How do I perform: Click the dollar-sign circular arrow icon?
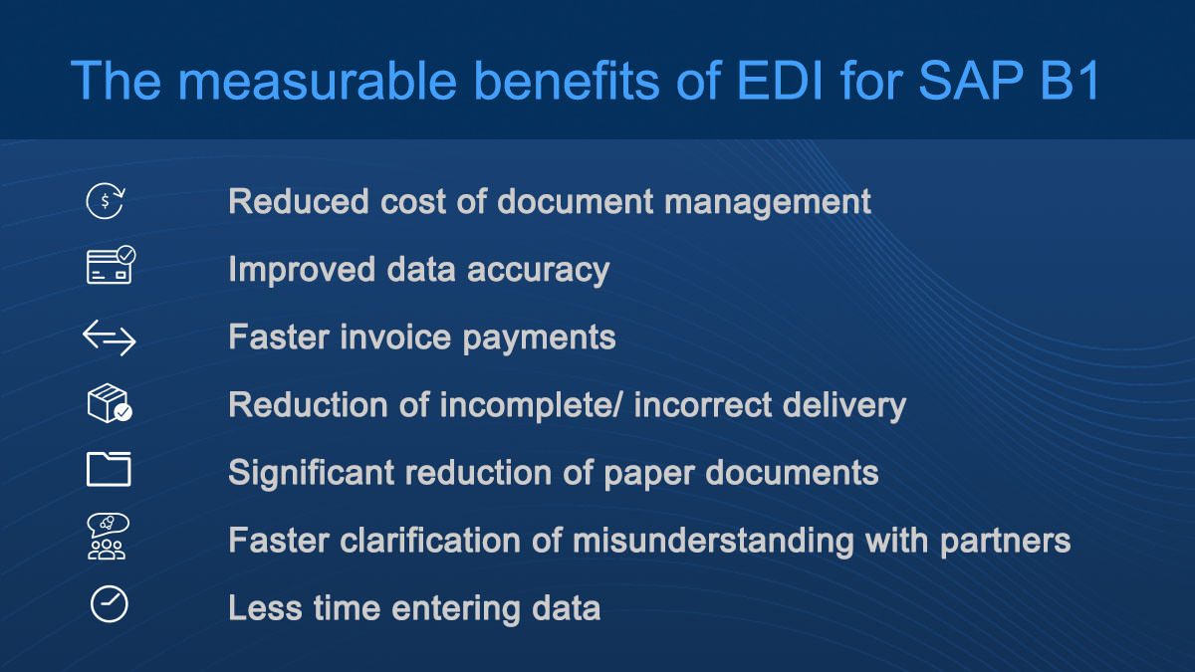(x=106, y=201)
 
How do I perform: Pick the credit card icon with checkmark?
(x=111, y=265)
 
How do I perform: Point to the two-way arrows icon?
(x=110, y=337)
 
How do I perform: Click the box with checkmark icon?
(x=110, y=403)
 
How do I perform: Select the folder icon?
(x=109, y=469)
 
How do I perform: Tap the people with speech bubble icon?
(x=108, y=537)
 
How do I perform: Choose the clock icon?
(x=109, y=604)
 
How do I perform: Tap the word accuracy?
(x=539, y=270)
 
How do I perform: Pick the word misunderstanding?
(x=713, y=541)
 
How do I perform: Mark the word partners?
(x=1005, y=542)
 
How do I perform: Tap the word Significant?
(x=312, y=473)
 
